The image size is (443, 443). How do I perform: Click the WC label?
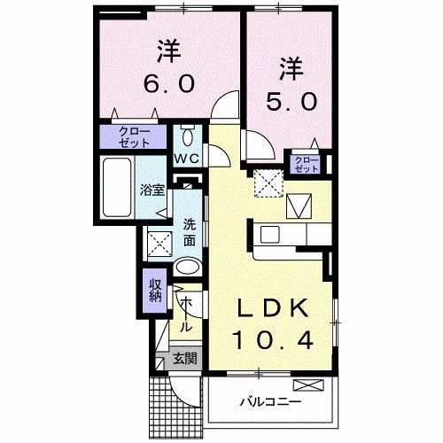pos(185,159)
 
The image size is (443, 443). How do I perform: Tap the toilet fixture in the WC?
pos(186,137)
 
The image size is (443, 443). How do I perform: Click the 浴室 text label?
pos(152,189)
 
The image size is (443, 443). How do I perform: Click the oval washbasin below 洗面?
pos(187,266)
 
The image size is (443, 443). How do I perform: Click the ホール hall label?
pos(187,315)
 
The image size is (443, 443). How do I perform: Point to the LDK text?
pos(271,310)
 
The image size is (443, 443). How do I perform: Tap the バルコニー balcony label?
pos(270,400)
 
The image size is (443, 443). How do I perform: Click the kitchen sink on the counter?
pos(270,234)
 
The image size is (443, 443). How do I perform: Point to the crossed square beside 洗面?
pos(159,241)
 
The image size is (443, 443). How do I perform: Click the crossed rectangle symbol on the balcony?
pos(311,385)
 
